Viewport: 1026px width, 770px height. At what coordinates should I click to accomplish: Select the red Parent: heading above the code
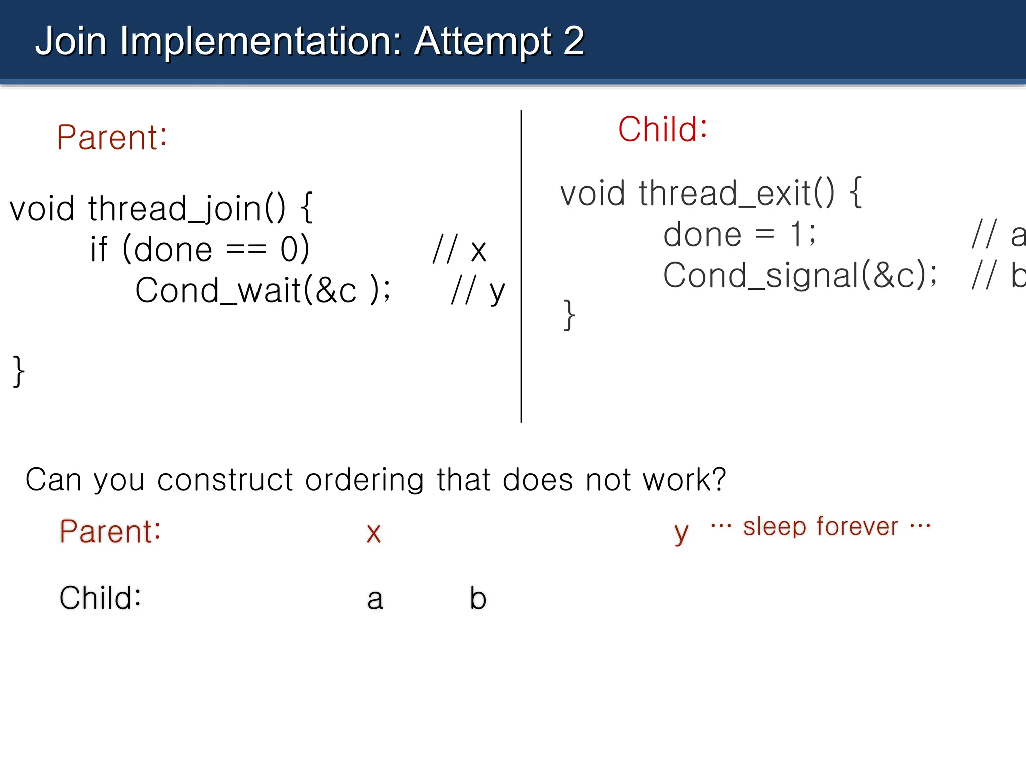click(x=112, y=137)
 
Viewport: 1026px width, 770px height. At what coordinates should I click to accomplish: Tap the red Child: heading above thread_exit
click(x=662, y=129)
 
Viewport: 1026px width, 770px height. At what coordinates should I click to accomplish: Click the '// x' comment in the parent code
click(x=459, y=250)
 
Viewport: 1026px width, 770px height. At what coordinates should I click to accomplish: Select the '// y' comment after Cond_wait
click(x=478, y=291)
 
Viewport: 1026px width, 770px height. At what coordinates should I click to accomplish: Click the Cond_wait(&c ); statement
click(x=263, y=291)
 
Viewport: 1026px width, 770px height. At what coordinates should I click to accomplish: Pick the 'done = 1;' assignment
click(x=739, y=235)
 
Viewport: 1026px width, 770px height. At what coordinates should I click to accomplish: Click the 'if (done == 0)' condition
click(x=199, y=250)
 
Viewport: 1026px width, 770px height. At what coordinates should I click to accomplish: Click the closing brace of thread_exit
click(x=569, y=315)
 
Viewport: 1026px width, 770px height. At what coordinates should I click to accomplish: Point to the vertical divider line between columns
click(x=521, y=266)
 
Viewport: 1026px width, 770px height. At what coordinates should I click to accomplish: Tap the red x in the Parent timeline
click(x=374, y=533)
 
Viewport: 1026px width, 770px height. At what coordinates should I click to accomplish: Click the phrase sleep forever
click(x=821, y=527)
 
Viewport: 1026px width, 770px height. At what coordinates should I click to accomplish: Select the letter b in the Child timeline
click(x=478, y=598)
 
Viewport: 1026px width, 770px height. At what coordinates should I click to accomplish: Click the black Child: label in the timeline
click(x=100, y=598)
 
